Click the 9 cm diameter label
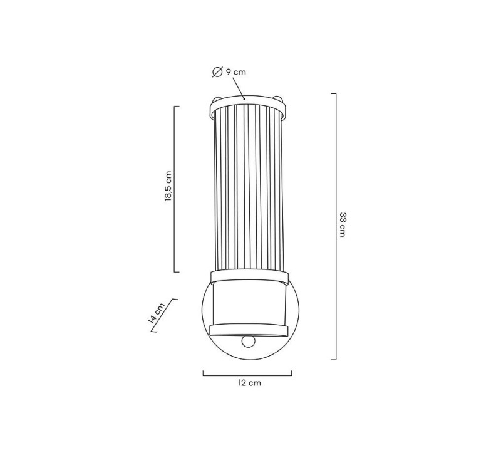tap(236, 72)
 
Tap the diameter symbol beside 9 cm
tap(217, 72)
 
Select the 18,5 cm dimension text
tap(168, 186)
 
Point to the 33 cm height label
tap(342, 224)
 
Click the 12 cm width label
tap(249, 383)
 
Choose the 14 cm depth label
tap(157, 313)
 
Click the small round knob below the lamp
tap(248, 341)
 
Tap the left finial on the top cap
tap(217, 98)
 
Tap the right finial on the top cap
tap(279, 97)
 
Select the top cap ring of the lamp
tap(247, 107)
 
